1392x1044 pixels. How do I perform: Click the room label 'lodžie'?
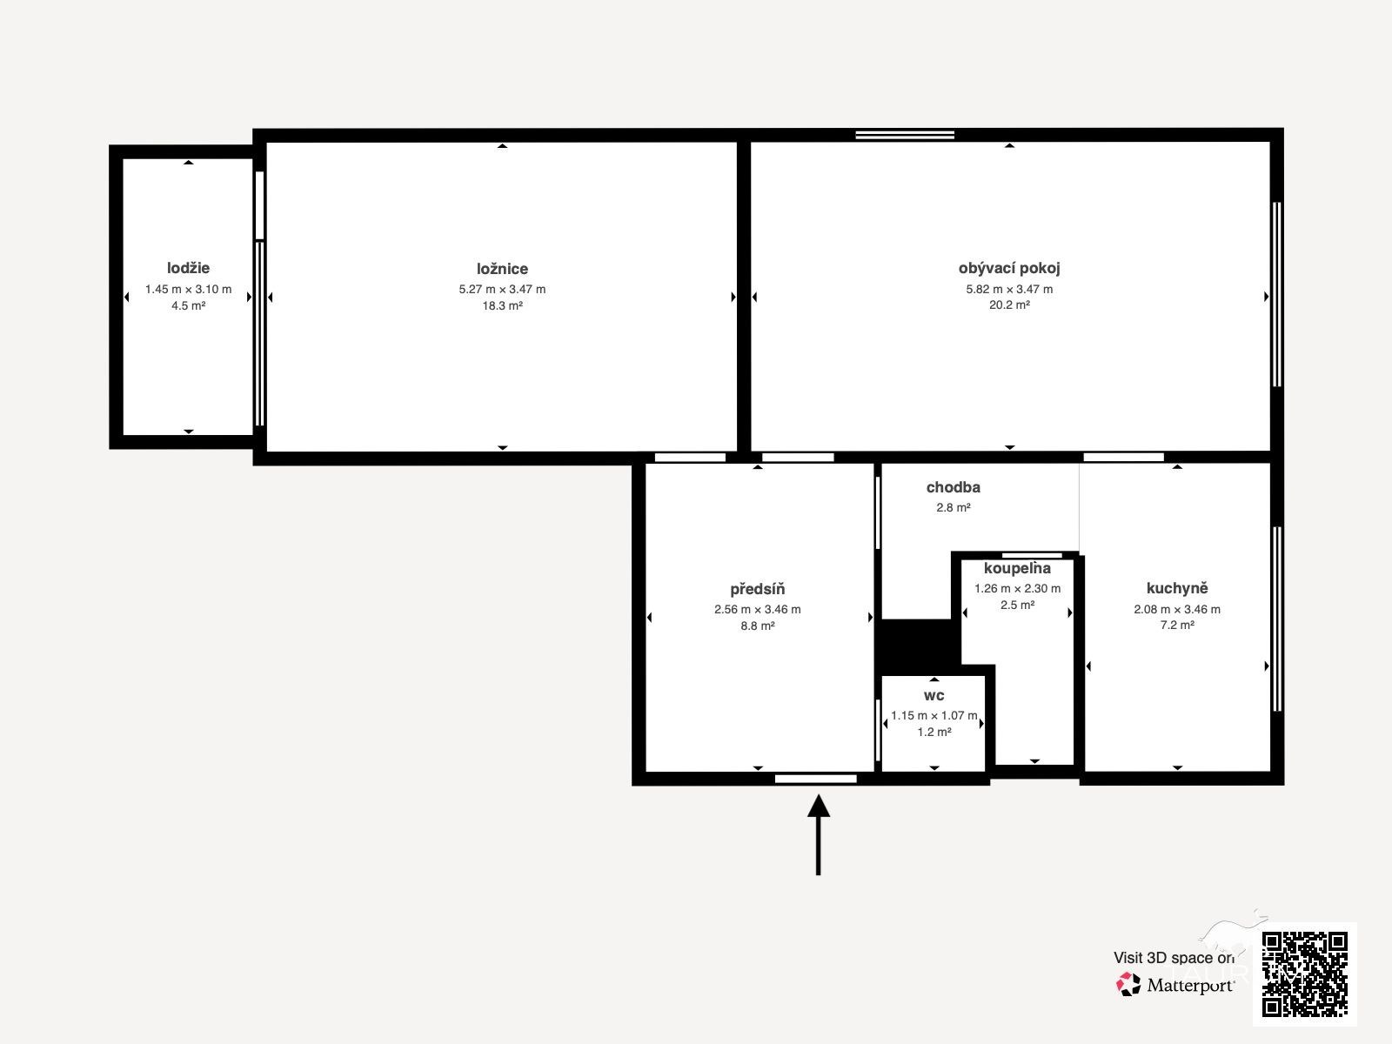coord(188,268)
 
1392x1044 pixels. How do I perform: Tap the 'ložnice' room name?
coord(502,269)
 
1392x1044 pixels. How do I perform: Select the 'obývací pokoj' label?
coord(1009,268)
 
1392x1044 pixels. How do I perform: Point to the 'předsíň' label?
coord(757,589)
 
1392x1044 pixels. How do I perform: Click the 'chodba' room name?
coord(954,487)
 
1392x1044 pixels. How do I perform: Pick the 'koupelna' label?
coord(1017,568)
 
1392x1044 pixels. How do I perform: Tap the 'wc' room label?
coord(934,696)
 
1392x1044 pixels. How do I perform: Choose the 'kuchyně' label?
coord(1177,588)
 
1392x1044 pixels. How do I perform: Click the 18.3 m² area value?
coord(502,305)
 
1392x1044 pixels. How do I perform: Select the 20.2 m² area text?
coord(1009,304)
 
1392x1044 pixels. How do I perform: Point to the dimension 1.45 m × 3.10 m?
coord(188,289)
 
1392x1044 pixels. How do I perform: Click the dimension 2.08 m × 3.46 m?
coord(1177,609)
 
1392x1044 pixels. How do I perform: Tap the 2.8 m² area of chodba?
coord(954,507)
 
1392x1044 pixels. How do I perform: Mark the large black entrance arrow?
coord(818,835)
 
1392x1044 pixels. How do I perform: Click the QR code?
coord(1304,974)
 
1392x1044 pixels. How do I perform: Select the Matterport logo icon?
coord(1128,985)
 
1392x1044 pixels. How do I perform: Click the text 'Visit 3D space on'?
coord(1174,958)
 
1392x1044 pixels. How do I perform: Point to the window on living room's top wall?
coord(905,135)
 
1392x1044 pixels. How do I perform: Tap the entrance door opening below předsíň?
coord(815,779)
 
